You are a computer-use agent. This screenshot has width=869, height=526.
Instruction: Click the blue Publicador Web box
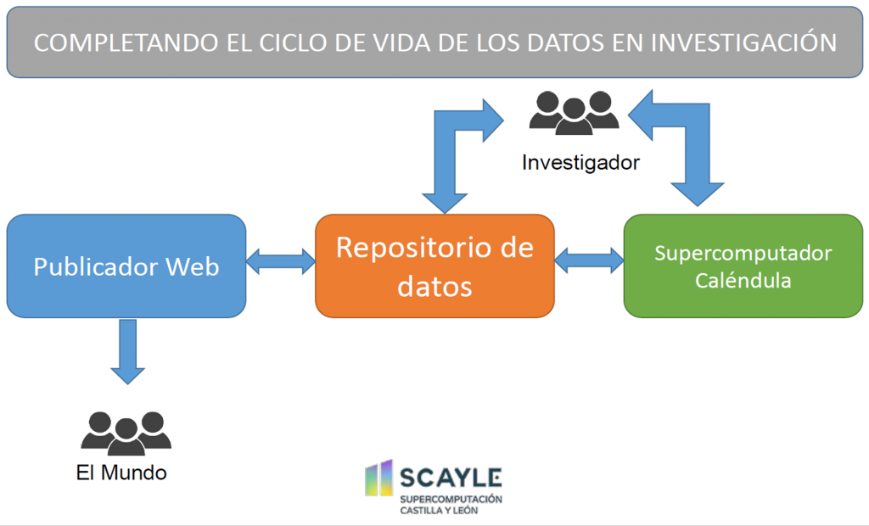[x=126, y=266]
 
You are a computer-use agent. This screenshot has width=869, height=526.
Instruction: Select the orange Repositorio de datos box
[x=435, y=266]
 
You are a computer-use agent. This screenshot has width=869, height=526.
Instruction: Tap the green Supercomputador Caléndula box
[x=743, y=266]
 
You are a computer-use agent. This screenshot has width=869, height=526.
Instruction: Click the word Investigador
[x=580, y=162]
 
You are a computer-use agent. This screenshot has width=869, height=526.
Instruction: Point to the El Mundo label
[x=121, y=473]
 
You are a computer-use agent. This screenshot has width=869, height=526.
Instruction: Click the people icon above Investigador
[x=574, y=113]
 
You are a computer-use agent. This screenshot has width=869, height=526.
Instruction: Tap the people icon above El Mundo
[x=126, y=434]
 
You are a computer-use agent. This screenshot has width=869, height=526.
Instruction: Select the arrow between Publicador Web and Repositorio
[x=281, y=261]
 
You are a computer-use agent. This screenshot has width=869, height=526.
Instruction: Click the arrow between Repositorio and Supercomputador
[x=589, y=260]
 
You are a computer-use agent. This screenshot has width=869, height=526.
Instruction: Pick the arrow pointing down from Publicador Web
[x=128, y=351]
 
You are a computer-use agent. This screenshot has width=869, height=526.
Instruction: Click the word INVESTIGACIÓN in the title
[x=743, y=42]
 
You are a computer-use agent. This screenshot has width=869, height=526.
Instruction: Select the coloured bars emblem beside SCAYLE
[x=379, y=478]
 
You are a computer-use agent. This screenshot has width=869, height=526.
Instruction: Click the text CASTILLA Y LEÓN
[x=439, y=510]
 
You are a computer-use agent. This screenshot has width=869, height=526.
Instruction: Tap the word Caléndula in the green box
[x=743, y=280]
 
